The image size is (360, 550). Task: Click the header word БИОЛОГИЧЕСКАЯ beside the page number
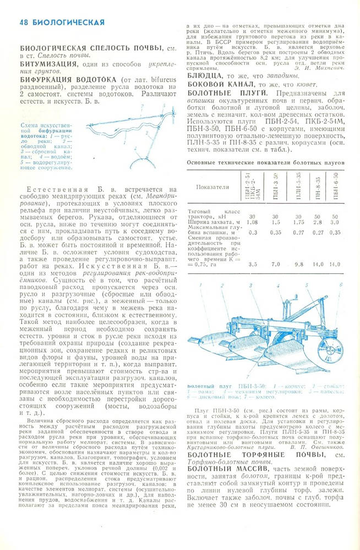coord(69,23)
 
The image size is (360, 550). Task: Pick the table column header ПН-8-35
coord(317,187)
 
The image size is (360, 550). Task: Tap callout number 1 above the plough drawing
coord(205,285)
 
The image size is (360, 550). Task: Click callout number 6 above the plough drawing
coord(342,285)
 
